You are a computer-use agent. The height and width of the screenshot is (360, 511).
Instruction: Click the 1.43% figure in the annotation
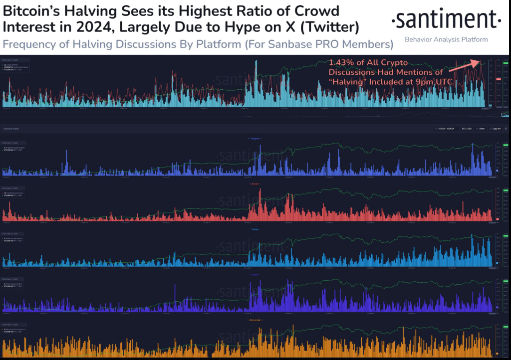pyautogui.click(x=340, y=62)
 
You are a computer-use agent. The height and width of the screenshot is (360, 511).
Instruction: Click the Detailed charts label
pyautogui.click(x=11, y=129)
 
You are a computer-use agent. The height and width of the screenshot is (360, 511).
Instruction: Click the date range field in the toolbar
pyautogui.click(x=446, y=129)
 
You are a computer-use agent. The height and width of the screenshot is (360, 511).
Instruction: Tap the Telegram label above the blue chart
pyautogui.click(x=255, y=138)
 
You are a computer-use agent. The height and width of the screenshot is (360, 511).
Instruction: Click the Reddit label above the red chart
pyautogui.click(x=255, y=184)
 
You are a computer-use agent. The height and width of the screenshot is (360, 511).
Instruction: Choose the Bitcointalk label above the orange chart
pyautogui.click(x=255, y=320)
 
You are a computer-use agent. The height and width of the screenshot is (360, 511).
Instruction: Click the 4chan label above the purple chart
pyautogui.click(x=255, y=275)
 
